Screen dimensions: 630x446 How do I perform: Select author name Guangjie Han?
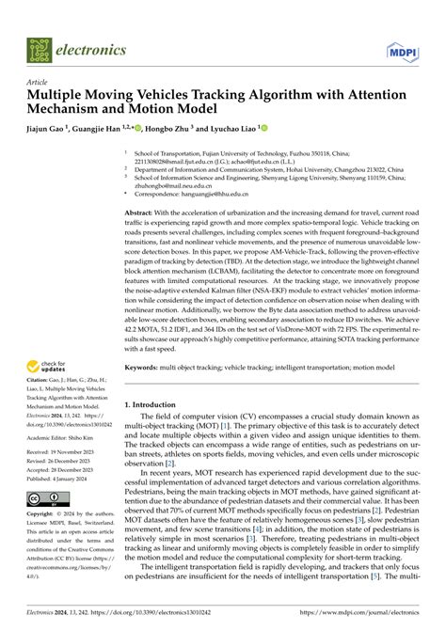(121, 128)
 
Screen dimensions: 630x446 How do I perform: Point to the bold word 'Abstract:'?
(142, 213)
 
